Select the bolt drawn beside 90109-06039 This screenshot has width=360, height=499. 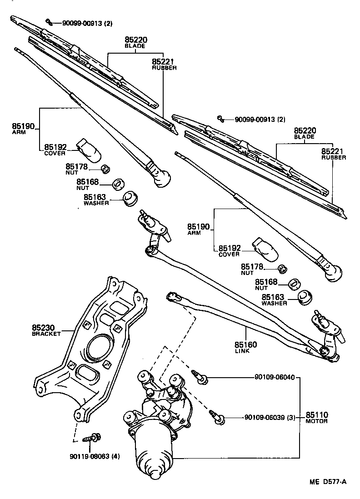tap(218, 417)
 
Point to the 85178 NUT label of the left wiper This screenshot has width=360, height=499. tap(76, 169)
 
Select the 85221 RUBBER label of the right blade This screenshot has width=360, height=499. tap(333, 154)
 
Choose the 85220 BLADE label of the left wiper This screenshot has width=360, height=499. tap(135, 42)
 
